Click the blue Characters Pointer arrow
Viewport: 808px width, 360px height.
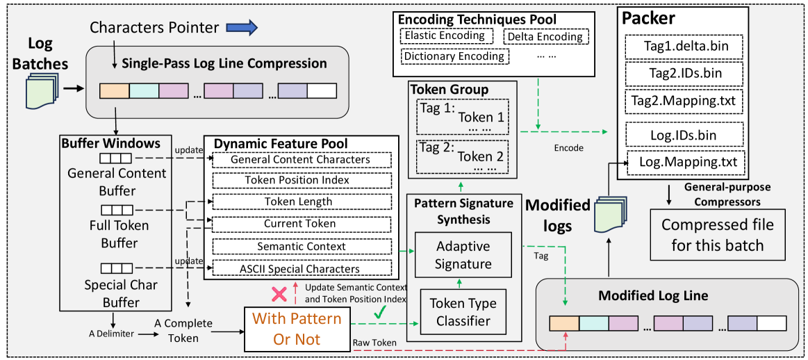pos(242,28)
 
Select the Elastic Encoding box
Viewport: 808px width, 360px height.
pos(445,35)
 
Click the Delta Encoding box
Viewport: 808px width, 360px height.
pos(545,36)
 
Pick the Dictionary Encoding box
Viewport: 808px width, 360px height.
pos(454,56)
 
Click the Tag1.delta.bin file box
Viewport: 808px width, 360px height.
pos(684,47)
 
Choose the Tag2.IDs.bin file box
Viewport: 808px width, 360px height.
pos(684,74)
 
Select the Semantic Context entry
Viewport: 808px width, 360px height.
pos(301,246)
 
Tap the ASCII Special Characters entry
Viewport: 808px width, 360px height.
pos(301,268)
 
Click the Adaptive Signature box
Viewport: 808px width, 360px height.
pos(463,255)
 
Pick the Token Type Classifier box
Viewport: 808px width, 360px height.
pos(463,312)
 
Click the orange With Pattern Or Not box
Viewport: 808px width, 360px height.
pos(297,328)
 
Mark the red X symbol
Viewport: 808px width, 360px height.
pos(279,294)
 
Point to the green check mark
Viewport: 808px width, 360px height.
pos(379,313)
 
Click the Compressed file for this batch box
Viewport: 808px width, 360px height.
pos(717,235)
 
